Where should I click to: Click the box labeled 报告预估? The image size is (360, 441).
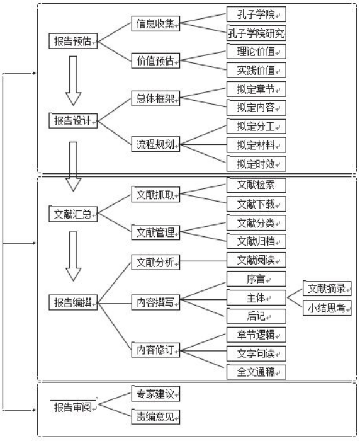coord(73,41)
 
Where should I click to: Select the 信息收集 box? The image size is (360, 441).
coord(155,24)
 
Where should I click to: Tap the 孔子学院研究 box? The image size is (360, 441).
coord(256,33)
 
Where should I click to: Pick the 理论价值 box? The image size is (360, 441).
coord(256,52)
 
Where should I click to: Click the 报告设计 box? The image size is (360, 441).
coord(73,121)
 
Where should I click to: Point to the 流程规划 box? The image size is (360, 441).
coord(155,144)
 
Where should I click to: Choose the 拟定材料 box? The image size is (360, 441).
coord(256,145)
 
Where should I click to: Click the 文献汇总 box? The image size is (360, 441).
coord(73,214)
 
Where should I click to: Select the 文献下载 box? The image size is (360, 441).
coord(256,204)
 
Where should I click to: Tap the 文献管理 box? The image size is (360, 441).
coord(155,232)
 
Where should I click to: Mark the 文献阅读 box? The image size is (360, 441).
coord(256,260)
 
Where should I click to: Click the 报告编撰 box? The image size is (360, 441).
coord(73,302)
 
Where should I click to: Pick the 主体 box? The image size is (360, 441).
coord(256,298)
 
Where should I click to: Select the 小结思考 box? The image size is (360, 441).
coord(327,308)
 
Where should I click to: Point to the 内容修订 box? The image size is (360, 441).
coord(155,350)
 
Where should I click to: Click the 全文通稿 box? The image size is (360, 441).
coord(256,372)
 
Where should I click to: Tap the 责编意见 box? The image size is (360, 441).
coord(155,416)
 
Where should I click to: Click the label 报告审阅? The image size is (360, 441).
coord(73,406)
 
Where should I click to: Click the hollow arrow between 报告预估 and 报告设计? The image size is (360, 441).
coord(74,81)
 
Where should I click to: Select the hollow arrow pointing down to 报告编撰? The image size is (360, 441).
coord(74,256)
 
